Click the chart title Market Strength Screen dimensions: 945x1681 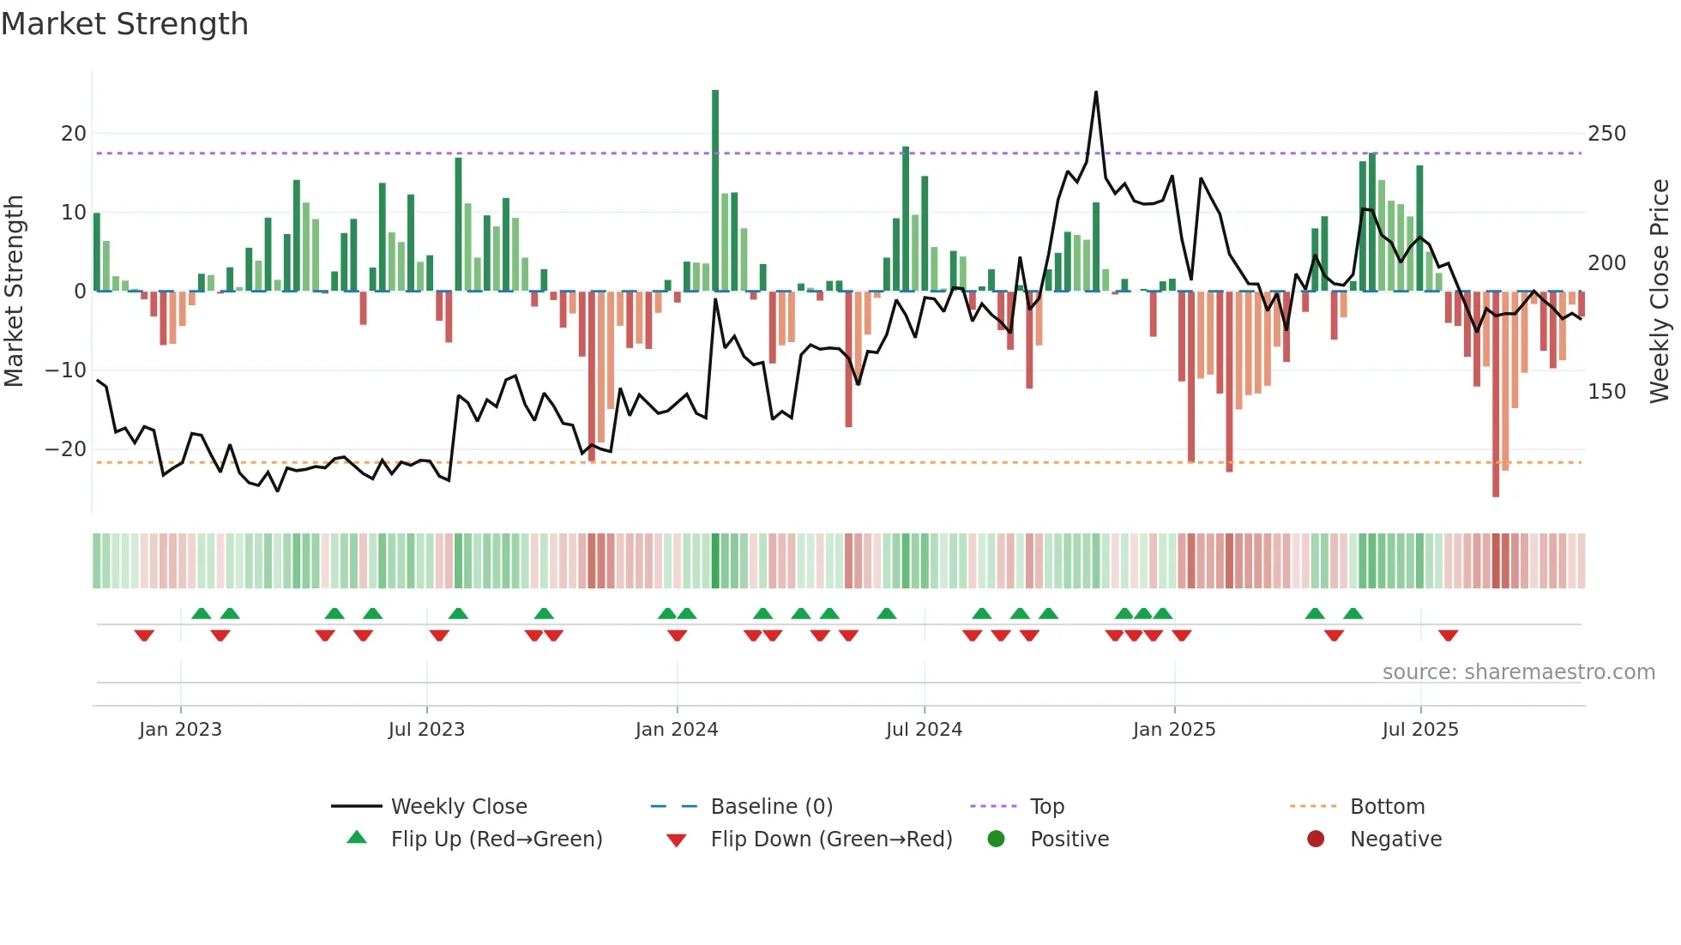tap(125, 24)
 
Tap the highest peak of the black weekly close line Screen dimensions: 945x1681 tap(1096, 93)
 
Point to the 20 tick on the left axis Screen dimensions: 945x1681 tap(74, 134)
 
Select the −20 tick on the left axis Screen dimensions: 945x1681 tap(67, 449)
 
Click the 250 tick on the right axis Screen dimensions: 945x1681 tap(1606, 134)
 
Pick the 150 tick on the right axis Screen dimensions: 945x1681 tap(1606, 392)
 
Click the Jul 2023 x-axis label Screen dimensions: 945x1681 tap(426, 730)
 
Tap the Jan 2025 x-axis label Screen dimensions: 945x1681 tap(1174, 730)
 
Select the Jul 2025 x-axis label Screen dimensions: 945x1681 tap(1420, 730)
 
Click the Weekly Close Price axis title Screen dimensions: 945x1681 tap(1660, 292)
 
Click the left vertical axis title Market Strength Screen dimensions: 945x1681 tap(15, 292)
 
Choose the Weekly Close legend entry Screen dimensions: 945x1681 tap(458, 807)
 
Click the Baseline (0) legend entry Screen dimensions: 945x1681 tap(771, 807)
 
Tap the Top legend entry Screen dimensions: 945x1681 tap(1046, 807)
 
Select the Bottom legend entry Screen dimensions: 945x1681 tap(1387, 807)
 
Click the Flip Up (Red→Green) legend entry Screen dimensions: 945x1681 tap(496, 840)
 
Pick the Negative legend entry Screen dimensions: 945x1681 tap(1395, 840)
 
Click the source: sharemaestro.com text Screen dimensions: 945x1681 tap(1518, 672)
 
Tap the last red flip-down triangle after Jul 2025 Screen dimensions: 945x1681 tap(1449, 635)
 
